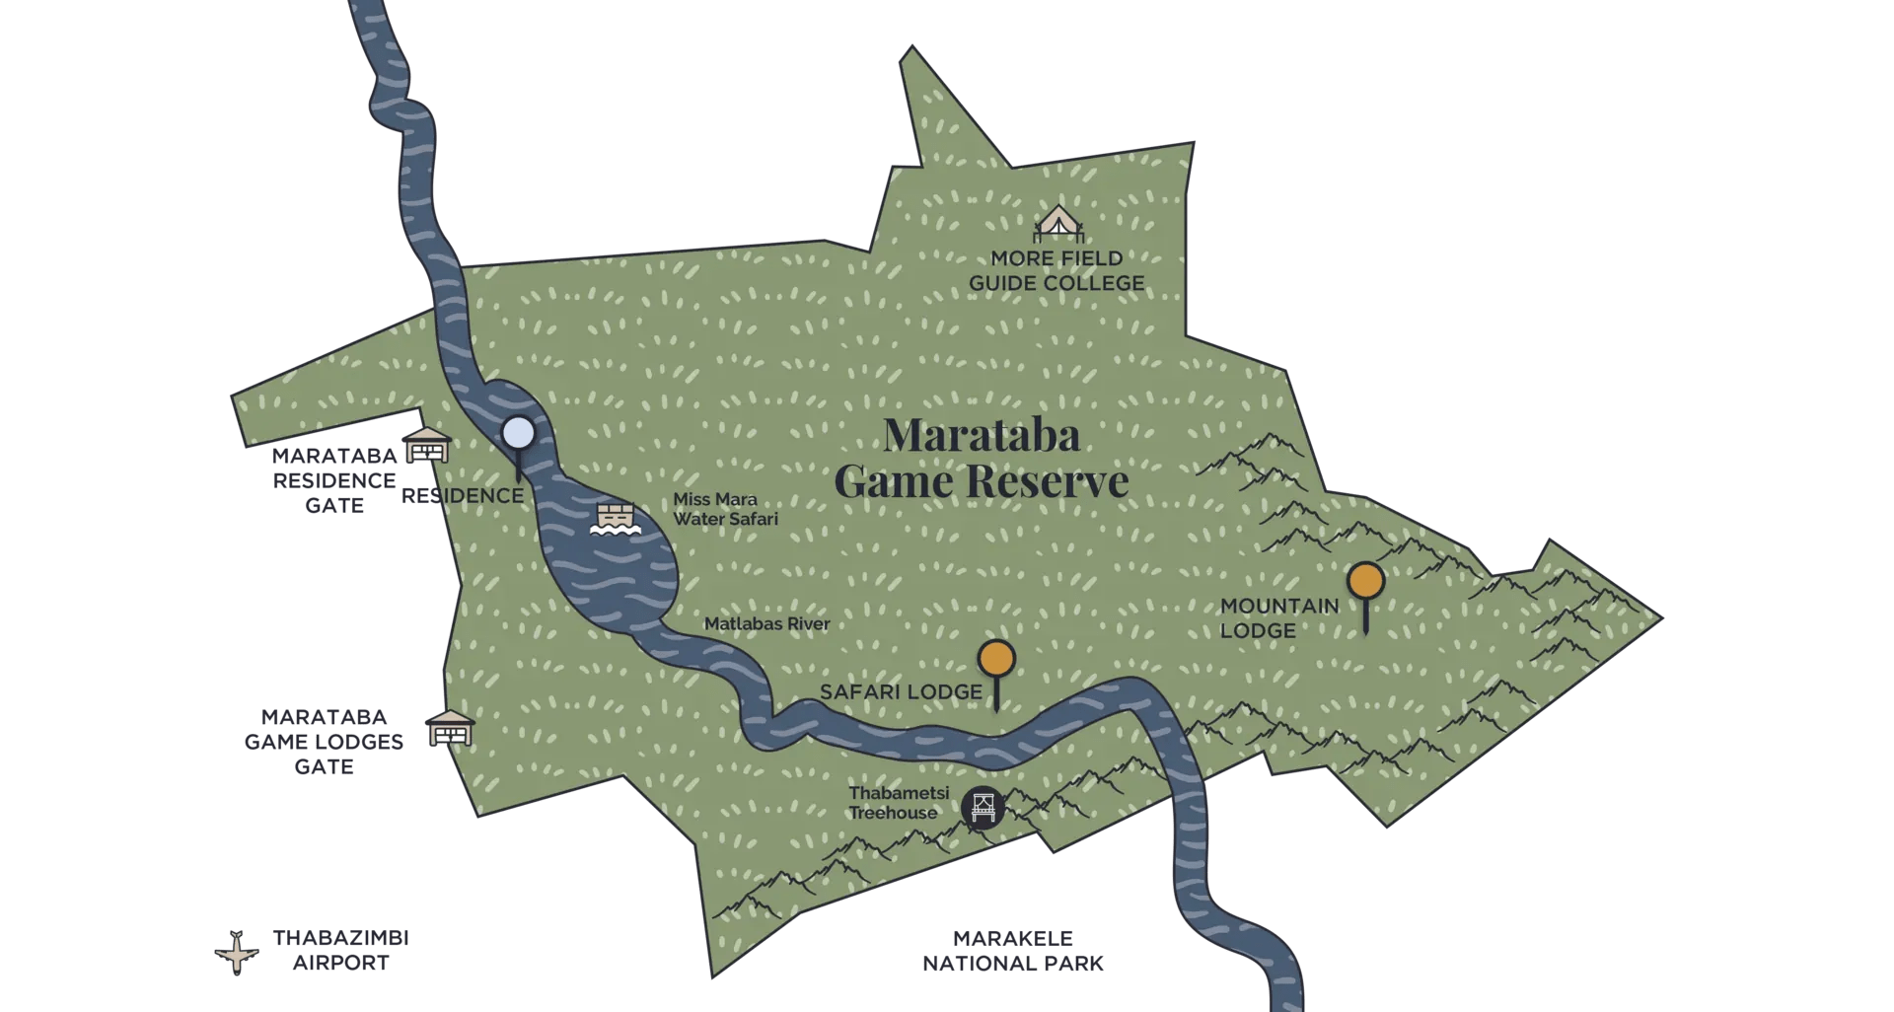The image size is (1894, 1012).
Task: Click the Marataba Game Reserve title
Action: (x=981, y=458)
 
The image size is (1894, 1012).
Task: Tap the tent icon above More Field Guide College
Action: (x=1057, y=224)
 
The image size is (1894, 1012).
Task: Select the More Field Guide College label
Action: (x=1056, y=271)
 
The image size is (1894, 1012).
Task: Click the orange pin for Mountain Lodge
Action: (x=1366, y=582)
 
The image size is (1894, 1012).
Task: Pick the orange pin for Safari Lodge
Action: (x=996, y=658)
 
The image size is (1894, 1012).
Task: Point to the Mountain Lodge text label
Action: (x=1279, y=618)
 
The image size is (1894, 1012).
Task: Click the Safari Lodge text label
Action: (x=901, y=692)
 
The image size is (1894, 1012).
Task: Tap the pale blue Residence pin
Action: (x=518, y=433)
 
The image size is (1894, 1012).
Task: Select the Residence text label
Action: (x=462, y=496)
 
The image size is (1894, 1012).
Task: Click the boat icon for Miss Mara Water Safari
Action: (x=617, y=520)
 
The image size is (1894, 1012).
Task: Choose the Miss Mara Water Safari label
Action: (x=725, y=509)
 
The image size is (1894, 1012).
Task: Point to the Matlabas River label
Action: (x=766, y=624)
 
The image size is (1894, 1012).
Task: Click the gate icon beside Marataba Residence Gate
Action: (x=427, y=447)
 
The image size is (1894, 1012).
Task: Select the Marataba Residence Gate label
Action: (x=333, y=480)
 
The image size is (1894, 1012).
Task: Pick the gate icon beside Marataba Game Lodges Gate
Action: (x=450, y=728)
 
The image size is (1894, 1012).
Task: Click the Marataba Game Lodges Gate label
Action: (x=324, y=742)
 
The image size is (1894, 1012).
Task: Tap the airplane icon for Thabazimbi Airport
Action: (x=237, y=952)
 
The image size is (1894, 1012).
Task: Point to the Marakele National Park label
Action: (x=1013, y=951)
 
